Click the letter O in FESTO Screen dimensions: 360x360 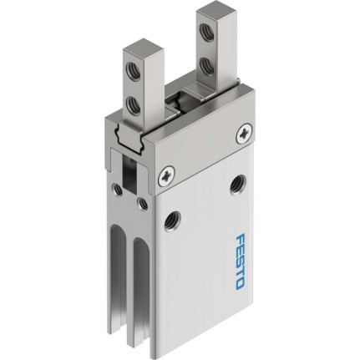(240, 284)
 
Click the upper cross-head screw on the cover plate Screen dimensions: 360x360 (245, 134)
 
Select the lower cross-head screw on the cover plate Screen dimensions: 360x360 (166, 177)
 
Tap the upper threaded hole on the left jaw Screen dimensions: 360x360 (131, 71)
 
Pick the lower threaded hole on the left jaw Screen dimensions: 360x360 (131, 104)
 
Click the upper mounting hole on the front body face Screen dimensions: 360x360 (237, 185)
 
